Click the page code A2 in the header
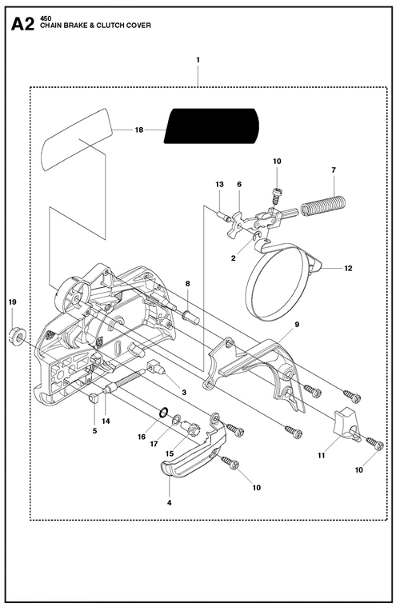tap(22, 24)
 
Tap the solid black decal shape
tap(211, 126)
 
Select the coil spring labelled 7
tap(322, 206)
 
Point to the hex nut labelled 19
tap(17, 336)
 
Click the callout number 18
tap(139, 130)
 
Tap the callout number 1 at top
tap(198, 60)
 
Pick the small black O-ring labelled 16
tap(164, 412)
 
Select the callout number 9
tap(297, 324)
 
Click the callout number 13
tap(219, 184)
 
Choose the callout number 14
tap(106, 421)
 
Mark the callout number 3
tap(184, 393)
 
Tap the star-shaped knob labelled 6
tap(238, 222)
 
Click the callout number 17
tap(154, 444)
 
